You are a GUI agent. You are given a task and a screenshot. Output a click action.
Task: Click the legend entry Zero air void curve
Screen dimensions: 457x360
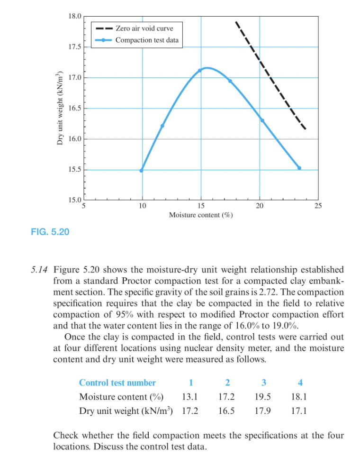pos(144,28)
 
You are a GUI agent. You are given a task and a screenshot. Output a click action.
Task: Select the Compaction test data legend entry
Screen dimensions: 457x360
pos(147,40)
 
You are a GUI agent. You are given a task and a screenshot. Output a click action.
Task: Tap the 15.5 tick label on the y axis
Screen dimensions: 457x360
pos(75,170)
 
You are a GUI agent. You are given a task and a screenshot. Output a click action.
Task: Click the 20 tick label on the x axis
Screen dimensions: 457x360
pos(260,206)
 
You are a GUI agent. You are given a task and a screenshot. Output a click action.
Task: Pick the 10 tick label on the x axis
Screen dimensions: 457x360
pos(142,206)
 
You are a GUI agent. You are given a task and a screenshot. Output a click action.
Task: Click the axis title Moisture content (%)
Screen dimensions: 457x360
pos(201,215)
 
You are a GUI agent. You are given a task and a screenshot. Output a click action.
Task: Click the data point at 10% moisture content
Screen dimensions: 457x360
pos(141,171)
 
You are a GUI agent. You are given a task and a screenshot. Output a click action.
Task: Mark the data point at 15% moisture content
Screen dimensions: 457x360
pos(200,71)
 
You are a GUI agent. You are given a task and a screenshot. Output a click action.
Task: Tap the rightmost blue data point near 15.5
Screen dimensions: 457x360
pos(299,168)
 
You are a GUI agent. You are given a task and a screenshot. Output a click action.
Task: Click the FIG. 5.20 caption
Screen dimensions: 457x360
pos(50,232)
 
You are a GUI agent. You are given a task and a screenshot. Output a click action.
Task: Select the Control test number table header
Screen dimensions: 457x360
pos(117,383)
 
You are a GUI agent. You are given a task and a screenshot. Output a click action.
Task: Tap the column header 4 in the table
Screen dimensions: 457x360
pos(300,383)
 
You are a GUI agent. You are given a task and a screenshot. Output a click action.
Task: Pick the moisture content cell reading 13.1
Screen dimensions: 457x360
pos(190,397)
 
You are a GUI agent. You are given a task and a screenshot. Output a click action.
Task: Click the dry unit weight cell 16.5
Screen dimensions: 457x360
pos(226,411)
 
